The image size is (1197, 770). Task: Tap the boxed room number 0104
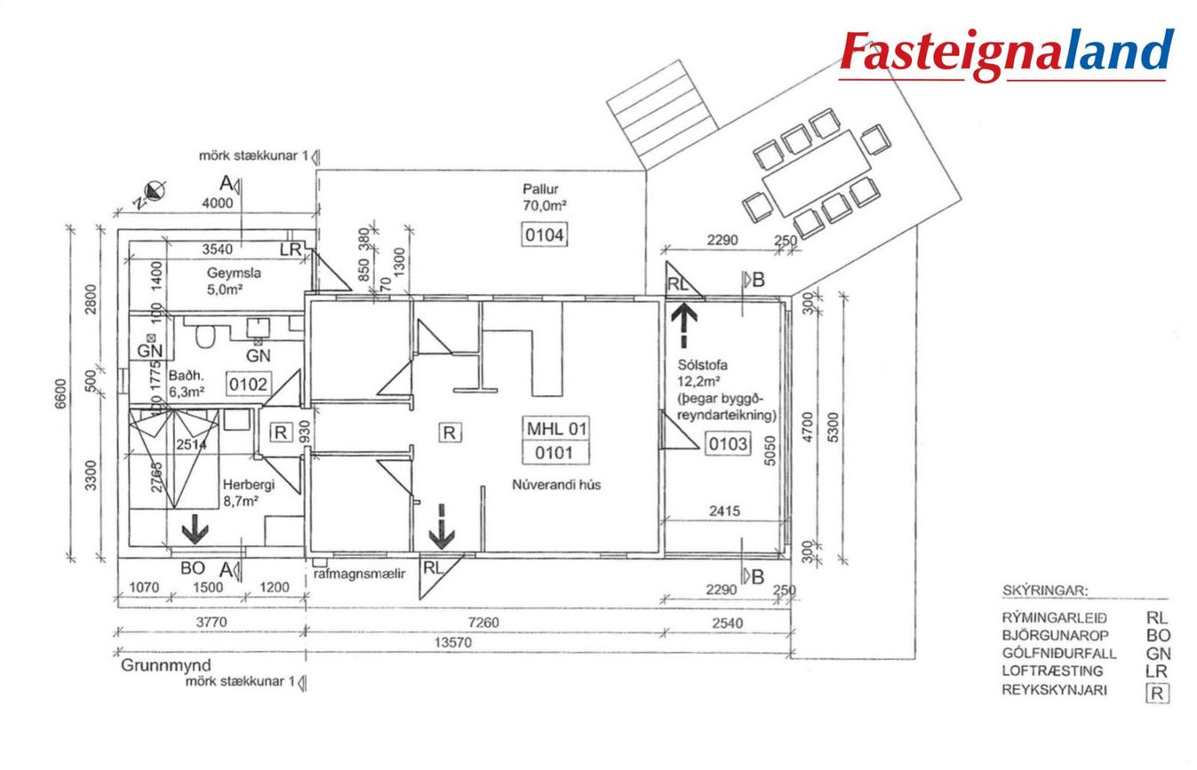[543, 235]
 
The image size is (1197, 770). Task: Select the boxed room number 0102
[248, 385]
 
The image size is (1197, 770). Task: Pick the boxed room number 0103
[727, 443]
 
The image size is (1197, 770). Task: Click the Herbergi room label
[236, 485]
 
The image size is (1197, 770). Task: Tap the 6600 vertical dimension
[60, 393]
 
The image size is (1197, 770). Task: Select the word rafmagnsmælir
[361, 574]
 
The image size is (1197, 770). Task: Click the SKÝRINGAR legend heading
[1044, 591]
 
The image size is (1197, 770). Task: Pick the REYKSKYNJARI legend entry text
[1054, 691]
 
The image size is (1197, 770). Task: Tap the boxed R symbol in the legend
[1156, 693]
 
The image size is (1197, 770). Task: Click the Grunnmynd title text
[165, 665]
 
